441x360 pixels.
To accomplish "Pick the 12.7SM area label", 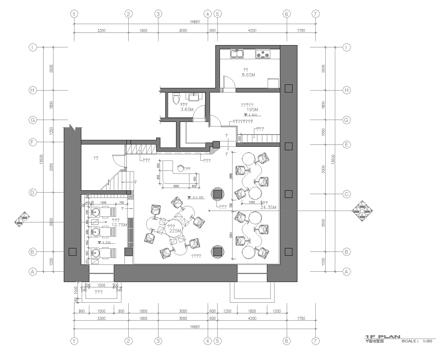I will pyautogui.click(x=119, y=224).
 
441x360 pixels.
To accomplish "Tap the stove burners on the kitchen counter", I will pyautogui.click(x=267, y=52).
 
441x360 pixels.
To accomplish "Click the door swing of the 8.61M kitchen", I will pyautogui.click(x=225, y=82).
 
